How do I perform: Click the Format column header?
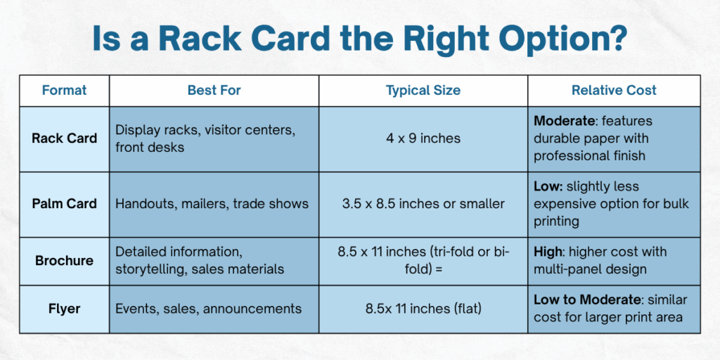pyautogui.click(x=64, y=90)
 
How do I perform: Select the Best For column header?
pyautogui.click(x=214, y=90)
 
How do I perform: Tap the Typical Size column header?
pyautogui.click(x=423, y=90)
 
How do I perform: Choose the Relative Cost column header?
pyautogui.click(x=613, y=90)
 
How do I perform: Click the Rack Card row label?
pyautogui.click(x=64, y=138)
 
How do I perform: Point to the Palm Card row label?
pyautogui.click(x=64, y=204)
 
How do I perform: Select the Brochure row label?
pyautogui.click(x=64, y=260)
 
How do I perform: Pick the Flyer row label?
pyautogui.click(x=64, y=309)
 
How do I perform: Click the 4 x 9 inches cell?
pyautogui.click(x=423, y=138)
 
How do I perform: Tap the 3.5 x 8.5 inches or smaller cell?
pyautogui.click(x=423, y=204)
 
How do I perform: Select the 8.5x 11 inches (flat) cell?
pyautogui.click(x=423, y=309)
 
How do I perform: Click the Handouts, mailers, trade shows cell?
pyautogui.click(x=212, y=204)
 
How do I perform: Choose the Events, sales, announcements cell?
pyautogui.click(x=208, y=309)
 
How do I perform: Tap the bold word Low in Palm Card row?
pyautogui.click(x=547, y=187)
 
